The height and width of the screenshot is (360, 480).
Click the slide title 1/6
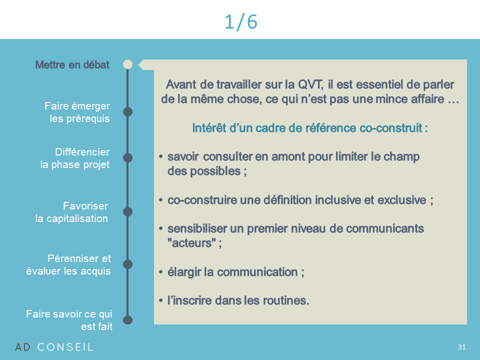240,21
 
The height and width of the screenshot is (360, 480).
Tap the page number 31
461,347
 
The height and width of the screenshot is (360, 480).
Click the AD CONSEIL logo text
54,347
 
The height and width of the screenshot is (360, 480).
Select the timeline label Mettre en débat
72,64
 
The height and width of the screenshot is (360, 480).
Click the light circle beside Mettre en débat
127,64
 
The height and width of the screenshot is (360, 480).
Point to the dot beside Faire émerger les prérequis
127,111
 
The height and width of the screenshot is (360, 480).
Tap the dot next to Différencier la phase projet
127,157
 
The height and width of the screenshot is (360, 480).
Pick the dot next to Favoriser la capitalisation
127,211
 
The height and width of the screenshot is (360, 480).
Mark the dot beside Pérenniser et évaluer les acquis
127,264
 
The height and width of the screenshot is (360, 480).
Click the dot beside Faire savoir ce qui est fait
127,320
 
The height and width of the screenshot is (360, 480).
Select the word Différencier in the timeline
82,152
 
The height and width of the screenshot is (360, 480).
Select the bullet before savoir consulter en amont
160,156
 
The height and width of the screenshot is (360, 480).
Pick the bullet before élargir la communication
160,272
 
